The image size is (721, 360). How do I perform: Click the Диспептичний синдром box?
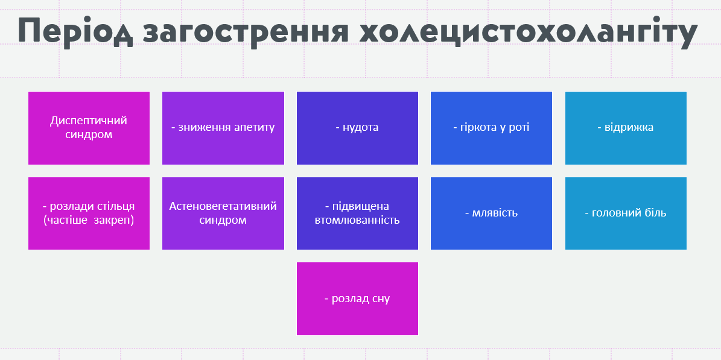[x=89, y=128]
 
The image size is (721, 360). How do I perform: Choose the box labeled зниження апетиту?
[x=223, y=128]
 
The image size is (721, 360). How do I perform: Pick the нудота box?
[x=357, y=128]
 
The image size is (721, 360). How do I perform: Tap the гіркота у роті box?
[x=491, y=128]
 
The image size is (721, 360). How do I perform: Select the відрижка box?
[x=626, y=128]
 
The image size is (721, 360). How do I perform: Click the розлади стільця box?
[x=89, y=213]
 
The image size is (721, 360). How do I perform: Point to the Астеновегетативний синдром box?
[x=223, y=213]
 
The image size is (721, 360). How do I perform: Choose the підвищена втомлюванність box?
[x=357, y=213]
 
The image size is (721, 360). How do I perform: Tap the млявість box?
[x=491, y=213]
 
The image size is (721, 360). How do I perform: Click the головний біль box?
[x=626, y=213]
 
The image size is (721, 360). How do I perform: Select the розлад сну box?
[x=357, y=298]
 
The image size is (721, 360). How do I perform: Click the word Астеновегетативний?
[x=223, y=206]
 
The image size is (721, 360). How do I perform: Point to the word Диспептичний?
[x=89, y=121]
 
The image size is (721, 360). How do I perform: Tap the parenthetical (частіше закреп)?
[x=89, y=220]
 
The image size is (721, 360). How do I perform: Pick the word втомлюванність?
[x=357, y=220]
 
